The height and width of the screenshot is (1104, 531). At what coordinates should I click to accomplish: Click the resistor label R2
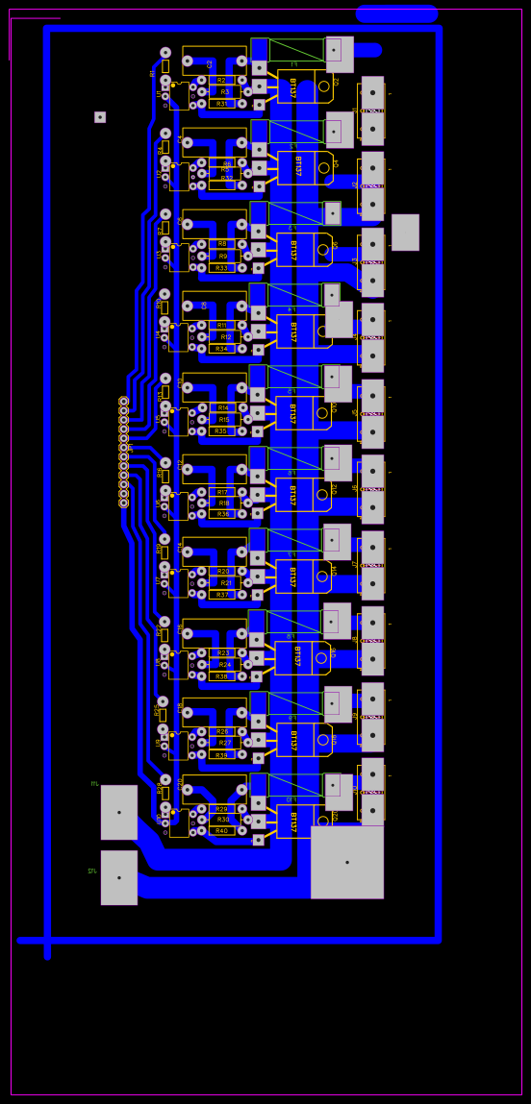pyautogui.click(x=222, y=81)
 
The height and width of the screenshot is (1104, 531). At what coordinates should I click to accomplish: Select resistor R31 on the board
pyautogui.click(x=222, y=104)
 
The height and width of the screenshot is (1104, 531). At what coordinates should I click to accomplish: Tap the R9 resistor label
pyautogui.click(x=223, y=257)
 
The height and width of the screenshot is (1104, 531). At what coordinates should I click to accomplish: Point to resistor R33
pyautogui.click(x=222, y=268)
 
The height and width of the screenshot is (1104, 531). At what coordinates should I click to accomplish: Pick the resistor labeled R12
pyautogui.click(x=226, y=337)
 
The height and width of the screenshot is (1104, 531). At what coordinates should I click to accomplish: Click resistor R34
pyautogui.click(x=222, y=349)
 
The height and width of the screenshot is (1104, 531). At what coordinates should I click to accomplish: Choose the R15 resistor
pyautogui.click(x=224, y=420)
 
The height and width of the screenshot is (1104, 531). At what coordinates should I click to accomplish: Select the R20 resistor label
pyautogui.click(x=223, y=572)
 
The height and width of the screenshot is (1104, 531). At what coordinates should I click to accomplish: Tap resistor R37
pyautogui.click(x=222, y=595)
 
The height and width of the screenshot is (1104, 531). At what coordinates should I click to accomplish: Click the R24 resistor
pyautogui.click(x=224, y=665)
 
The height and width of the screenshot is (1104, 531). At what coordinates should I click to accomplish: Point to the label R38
pyautogui.click(x=222, y=676)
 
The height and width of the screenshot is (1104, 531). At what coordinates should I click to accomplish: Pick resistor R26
pyautogui.click(x=222, y=732)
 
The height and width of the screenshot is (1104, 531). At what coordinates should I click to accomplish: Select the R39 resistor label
pyautogui.click(x=222, y=755)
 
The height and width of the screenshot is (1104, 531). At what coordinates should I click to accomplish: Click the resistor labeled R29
pyautogui.click(x=222, y=809)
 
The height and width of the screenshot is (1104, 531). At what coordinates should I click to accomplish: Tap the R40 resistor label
pyautogui.click(x=222, y=831)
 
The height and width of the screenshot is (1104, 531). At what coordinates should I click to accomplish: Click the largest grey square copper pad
pyautogui.click(x=347, y=862)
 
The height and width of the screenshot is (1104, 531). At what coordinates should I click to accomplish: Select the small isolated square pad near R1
pyautogui.click(x=100, y=117)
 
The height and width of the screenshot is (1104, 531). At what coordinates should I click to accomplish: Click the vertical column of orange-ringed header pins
pyautogui.click(x=123, y=452)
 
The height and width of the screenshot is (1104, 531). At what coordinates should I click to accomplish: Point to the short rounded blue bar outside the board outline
pyautogui.click(x=397, y=13)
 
